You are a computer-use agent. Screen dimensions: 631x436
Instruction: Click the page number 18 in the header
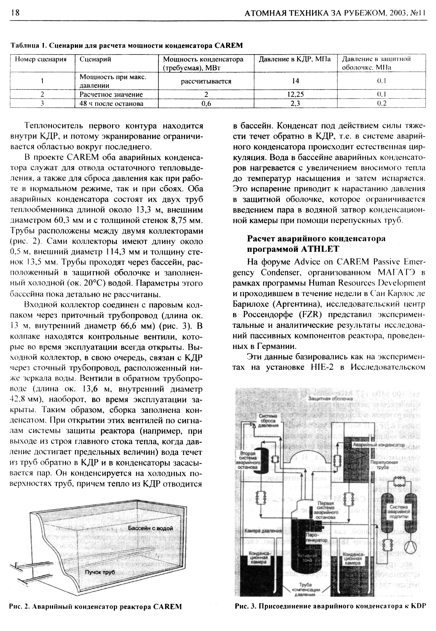(15, 13)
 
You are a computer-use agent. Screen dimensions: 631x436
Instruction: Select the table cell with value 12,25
(295, 94)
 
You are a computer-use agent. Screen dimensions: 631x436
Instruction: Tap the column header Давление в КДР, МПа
(294, 59)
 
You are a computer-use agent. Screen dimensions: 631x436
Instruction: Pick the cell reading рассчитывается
(206, 81)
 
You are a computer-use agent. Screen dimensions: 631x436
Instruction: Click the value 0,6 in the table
(206, 103)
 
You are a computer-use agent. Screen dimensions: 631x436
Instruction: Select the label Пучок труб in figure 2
(100, 572)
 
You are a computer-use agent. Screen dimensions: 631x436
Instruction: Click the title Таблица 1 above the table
(126, 45)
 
